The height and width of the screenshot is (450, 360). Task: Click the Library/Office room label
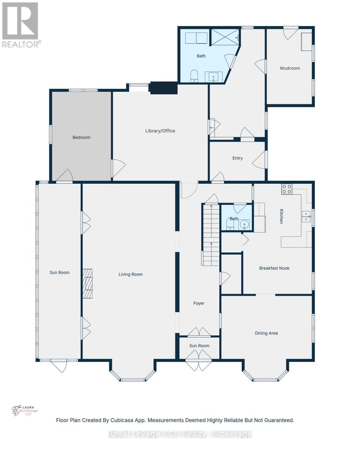coord(160,131)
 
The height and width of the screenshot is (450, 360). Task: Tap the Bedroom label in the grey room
coord(81,137)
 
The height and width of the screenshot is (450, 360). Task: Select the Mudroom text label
coord(290,68)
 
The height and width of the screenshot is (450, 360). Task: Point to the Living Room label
coord(130,274)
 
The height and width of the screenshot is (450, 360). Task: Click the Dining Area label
coord(266,333)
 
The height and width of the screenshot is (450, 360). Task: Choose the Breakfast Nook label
coord(274,268)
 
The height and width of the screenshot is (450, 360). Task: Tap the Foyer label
coord(199,303)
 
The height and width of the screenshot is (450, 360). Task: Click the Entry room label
coord(237,158)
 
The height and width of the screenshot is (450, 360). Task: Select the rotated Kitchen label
coord(281,216)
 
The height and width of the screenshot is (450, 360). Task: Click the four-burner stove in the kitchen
coord(287,189)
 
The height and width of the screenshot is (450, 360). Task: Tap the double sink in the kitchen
coord(306,216)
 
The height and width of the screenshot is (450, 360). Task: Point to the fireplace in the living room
coord(87,283)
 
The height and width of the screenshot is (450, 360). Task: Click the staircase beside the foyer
coord(211,235)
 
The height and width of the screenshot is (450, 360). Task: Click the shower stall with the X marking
coord(224,36)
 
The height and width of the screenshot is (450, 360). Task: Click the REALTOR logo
coord(20,25)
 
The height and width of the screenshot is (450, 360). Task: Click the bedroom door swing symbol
coord(64,176)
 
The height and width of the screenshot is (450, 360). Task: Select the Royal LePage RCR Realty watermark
coord(180,434)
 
